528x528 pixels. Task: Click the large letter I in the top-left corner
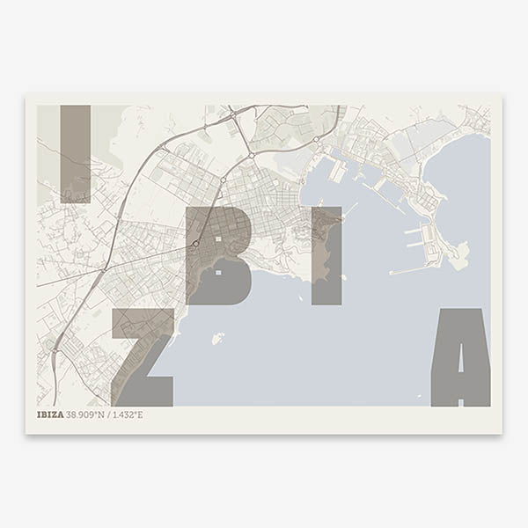tap(75, 154)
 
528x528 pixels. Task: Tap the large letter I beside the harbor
tap(326, 255)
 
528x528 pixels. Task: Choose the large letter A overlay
tap(460, 356)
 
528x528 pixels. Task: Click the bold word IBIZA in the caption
tap(50, 414)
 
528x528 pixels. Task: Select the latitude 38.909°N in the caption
tap(85, 414)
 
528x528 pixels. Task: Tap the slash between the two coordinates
tap(108, 414)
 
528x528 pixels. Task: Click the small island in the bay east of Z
tap(217, 337)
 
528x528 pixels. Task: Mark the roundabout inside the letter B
tap(195, 244)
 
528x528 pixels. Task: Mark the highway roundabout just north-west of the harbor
tap(252, 155)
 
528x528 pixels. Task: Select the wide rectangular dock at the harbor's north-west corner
tap(338, 172)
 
